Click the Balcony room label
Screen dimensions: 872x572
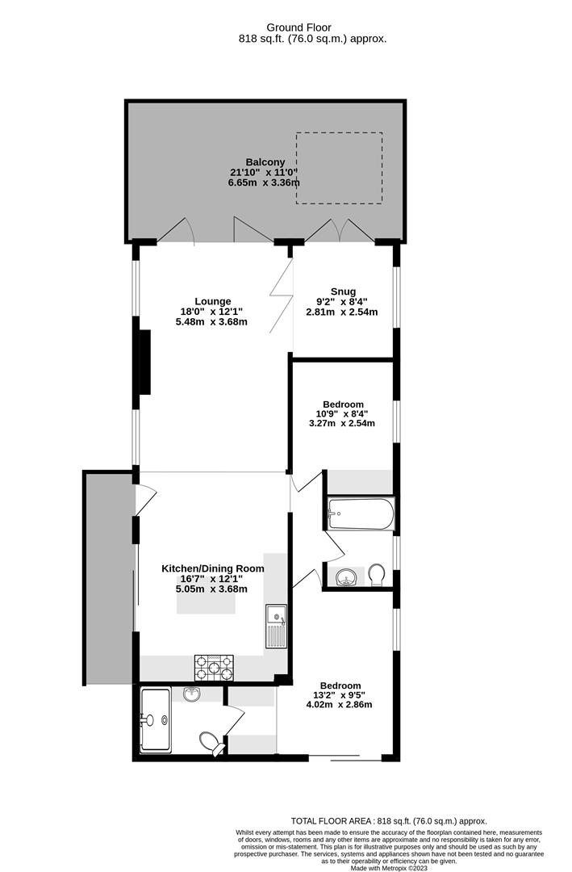click(x=265, y=161)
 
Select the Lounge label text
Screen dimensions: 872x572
click(x=212, y=301)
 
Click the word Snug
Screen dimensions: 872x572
click(x=343, y=291)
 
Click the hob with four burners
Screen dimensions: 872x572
click(x=214, y=667)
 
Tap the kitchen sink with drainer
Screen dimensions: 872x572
click(x=275, y=626)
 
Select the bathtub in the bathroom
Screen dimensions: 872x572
click(x=361, y=514)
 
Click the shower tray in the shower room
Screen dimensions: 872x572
click(x=155, y=719)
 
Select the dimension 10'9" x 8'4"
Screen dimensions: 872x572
click(x=343, y=414)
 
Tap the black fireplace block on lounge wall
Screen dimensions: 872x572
click(x=145, y=362)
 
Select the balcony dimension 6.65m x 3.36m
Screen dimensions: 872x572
click(x=264, y=182)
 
